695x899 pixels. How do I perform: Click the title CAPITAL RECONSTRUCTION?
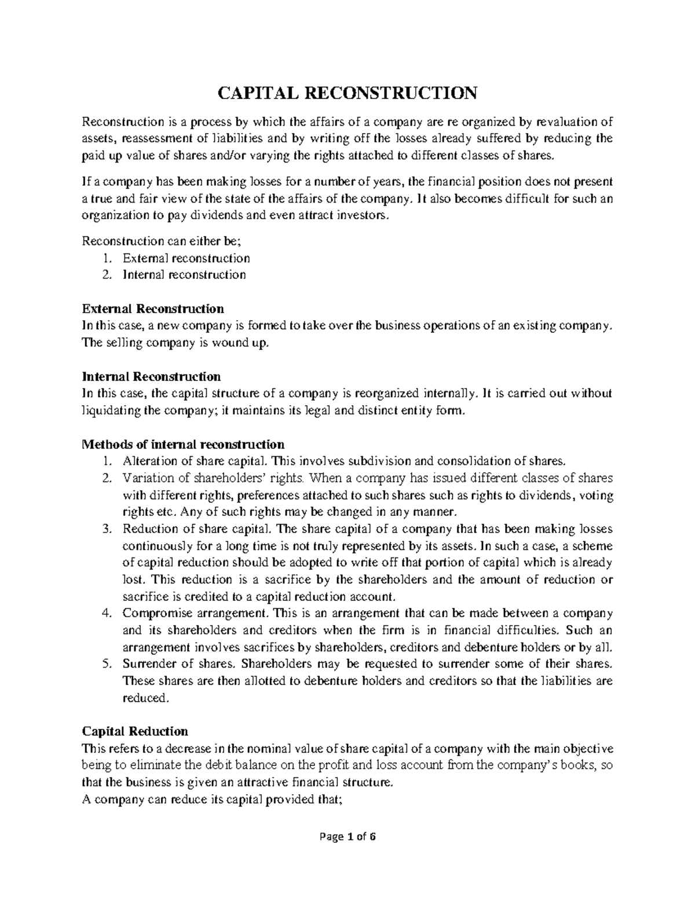click(x=348, y=93)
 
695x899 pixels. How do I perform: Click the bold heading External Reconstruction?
click(x=153, y=308)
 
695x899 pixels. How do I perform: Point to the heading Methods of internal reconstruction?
click(x=184, y=445)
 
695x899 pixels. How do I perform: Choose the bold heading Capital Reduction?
click(x=136, y=731)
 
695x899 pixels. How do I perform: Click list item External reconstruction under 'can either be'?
click(x=186, y=258)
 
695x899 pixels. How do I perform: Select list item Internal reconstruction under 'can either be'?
click(x=184, y=274)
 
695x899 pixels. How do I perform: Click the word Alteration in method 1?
click(x=146, y=461)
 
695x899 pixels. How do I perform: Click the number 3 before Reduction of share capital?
click(x=105, y=529)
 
